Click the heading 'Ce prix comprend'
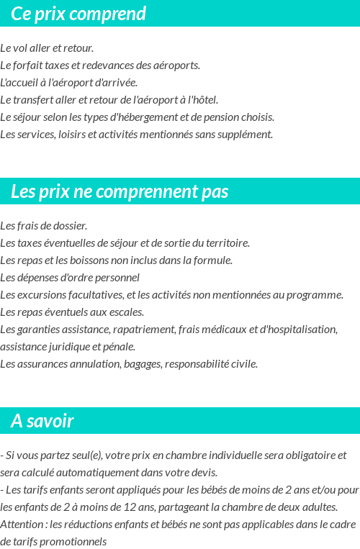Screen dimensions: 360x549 point(78,14)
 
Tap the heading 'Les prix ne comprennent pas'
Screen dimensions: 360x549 point(120,192)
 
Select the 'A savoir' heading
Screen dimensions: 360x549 point(42,421)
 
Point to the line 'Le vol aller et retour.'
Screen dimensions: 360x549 point(47,48)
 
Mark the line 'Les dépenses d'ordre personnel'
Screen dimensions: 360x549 point(70,278)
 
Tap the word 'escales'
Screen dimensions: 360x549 point(126,312)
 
